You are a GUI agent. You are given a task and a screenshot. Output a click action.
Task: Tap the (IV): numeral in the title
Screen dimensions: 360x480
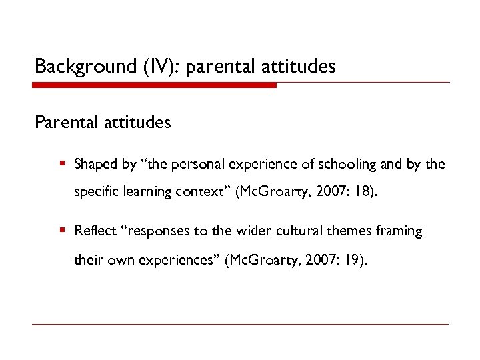[161, 67]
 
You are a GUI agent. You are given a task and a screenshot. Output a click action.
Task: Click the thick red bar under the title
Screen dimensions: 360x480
[154, 85]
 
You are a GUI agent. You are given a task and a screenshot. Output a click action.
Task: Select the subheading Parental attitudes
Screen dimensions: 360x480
[103, 123]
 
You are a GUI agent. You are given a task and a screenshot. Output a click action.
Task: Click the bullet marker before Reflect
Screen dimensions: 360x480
[61, 231]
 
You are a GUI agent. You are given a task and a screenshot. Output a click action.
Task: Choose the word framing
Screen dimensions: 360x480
[399, 231]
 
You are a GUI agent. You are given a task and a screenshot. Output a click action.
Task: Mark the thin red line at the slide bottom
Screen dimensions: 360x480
[240, 325]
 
